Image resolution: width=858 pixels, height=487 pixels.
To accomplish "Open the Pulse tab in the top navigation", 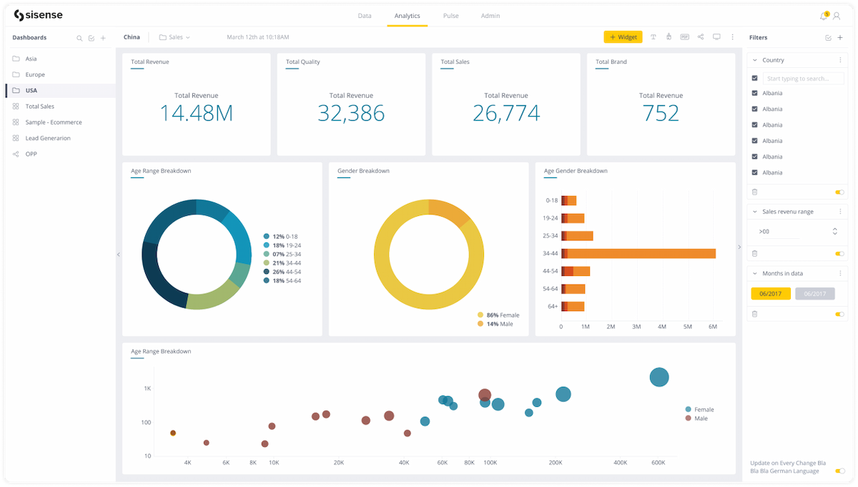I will click(450, 16).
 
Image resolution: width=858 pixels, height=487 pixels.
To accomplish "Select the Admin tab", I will click(490, 16).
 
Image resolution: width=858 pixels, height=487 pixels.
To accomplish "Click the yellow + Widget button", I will click(622, 37).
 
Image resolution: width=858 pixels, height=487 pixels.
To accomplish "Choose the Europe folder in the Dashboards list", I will click(35, 74).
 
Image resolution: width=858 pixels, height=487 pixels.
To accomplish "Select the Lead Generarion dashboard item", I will click(48, 138).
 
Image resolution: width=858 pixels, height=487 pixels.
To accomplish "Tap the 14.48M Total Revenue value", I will click(196, 113).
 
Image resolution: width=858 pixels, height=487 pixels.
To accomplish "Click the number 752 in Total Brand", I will click(661, 113).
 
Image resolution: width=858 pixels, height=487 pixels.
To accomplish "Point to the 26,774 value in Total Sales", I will click(506, 113).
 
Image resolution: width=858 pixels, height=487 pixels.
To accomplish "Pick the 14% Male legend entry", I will click(498, 324).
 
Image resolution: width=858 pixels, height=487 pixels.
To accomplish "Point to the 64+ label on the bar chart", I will click(551, 306).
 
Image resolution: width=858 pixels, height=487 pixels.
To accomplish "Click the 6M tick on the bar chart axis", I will click(712, 327).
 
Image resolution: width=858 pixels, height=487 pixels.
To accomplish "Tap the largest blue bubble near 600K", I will click(659, 378).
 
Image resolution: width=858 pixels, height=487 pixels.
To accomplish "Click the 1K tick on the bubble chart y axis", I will click(147, 388).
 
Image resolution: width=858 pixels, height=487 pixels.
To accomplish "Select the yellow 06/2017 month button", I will click(770, 294).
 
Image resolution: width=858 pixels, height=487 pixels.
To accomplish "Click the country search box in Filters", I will click(803, 79).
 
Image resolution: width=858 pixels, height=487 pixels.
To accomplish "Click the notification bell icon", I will click(823, 16).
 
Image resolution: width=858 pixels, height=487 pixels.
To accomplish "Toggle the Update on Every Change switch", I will click(839, 471).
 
